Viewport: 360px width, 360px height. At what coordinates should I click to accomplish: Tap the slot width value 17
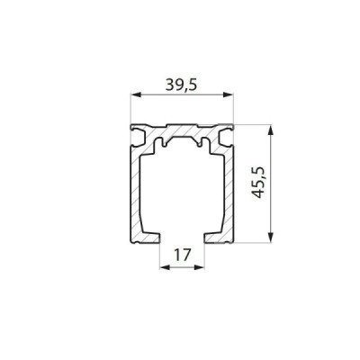pos(181,255)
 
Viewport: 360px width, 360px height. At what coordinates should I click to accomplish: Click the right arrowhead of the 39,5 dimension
pos(231,94)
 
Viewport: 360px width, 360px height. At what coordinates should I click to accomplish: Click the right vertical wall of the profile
pos(232,189)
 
